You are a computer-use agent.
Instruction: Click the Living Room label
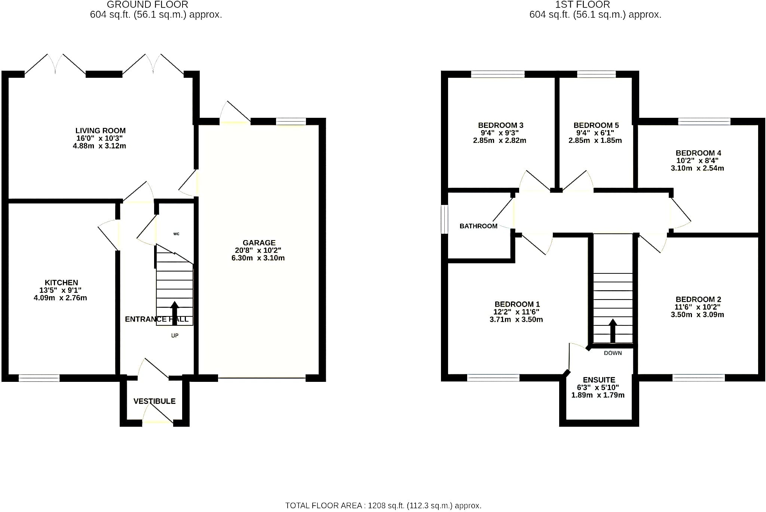(100, 131)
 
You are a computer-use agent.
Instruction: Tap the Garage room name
(259, 243)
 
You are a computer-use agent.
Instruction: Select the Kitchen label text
(61, 283)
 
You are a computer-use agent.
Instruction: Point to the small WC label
(177, 234)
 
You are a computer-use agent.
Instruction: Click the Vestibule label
(154, 401)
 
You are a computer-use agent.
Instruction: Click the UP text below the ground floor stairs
(175, 335)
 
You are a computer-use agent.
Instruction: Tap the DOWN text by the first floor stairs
(613, 353)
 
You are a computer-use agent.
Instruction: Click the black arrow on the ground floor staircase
(175, 313)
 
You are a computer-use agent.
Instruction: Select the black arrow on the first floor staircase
(613, 331)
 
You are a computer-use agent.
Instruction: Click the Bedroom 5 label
(596, 125)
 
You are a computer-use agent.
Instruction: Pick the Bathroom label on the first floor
(478, 226)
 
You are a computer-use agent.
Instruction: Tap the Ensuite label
(599, 380)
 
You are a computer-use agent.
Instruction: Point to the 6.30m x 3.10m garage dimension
(258, 258)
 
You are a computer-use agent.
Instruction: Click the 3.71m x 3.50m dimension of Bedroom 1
(516, 320)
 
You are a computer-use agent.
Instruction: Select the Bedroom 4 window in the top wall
(704, 121)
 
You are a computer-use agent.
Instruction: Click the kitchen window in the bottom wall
(39, 378)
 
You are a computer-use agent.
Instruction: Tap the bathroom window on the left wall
(444, 219)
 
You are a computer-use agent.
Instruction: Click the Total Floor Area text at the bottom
(383, 506)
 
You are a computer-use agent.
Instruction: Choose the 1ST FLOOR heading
(582, 4)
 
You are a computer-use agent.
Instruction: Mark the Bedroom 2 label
(698, 299)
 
